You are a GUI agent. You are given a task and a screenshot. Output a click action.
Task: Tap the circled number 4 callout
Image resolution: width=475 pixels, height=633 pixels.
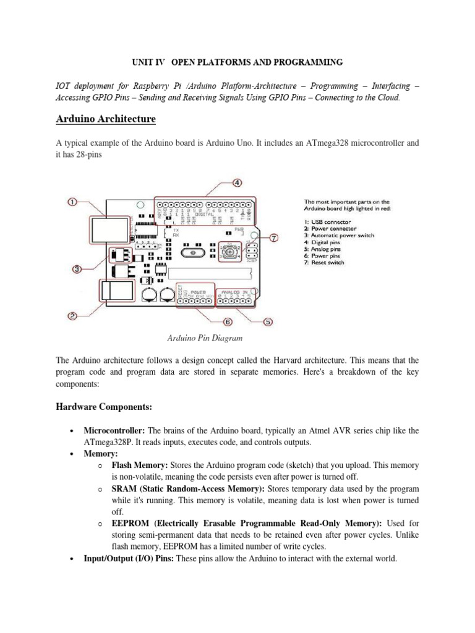tap(237, 183)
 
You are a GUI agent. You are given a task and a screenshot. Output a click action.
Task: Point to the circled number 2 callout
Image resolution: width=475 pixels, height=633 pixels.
tap(72, 316)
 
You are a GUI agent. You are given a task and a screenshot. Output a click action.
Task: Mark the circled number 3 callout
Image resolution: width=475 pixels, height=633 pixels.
tap(76, 268)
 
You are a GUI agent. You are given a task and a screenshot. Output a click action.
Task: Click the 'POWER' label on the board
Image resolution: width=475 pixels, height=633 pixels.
tap(198, 291)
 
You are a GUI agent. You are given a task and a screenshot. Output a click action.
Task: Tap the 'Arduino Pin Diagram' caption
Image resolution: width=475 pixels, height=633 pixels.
tap(205, 338)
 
